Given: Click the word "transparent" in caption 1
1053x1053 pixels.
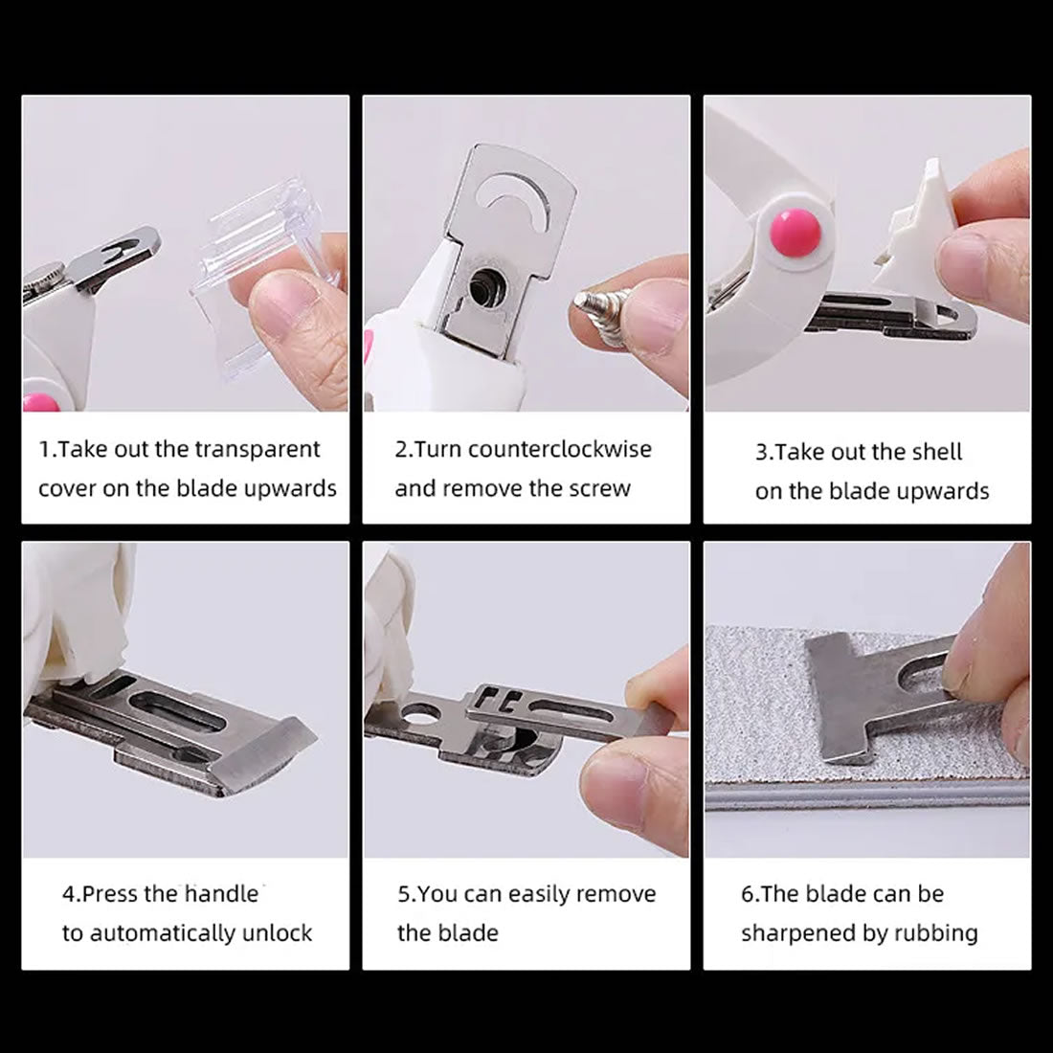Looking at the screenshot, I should [x=258, y=449].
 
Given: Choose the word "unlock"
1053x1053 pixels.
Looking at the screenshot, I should [x=277, y=933].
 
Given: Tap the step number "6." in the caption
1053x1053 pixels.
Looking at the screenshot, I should [x=750, y=894].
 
